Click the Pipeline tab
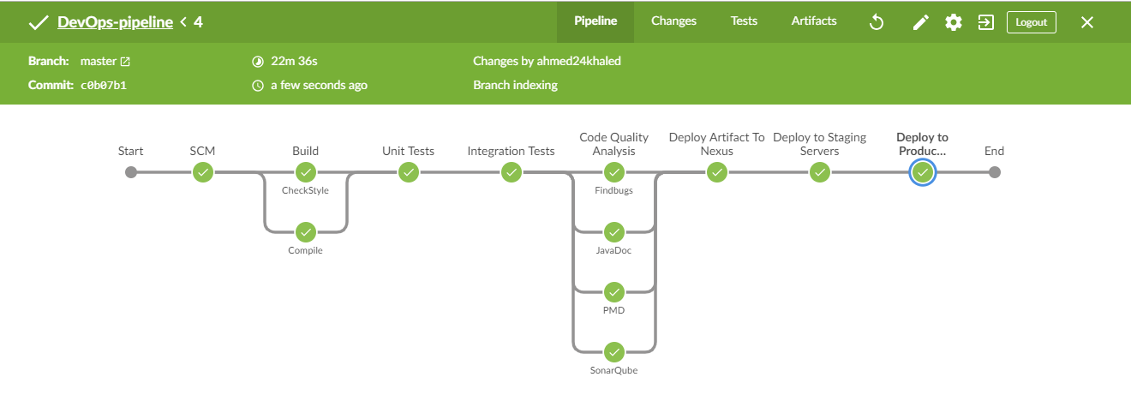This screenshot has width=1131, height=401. pyautogui.click(x=595, y=21)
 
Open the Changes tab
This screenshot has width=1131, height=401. pyautogui.click(x=673, y=21)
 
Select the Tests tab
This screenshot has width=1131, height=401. pyautogui.click(x=744, y=21)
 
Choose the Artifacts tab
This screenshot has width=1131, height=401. pyautogui.click(x=814, y=21)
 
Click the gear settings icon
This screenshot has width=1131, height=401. pyautogui.click(x=954, y=22)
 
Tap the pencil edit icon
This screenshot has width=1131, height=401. pyautogui.click(x=920, y=22)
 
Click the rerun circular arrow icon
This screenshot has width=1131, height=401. pyautogui.click(x=876, y=22)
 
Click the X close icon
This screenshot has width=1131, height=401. pyautogui.click(x=1087, y=22)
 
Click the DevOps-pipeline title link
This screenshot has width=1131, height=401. pyautogui.click(x=115, y=22)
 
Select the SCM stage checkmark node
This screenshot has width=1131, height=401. pyautogui.click(x=203, y=172)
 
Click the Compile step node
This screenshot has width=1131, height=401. pyautogui.click(x=306, y=232)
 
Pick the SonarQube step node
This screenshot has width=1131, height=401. pyautogui.click(x=614, y=352)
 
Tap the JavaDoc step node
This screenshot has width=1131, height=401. pyautogui.click(x=614, y=232)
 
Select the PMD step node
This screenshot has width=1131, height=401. pyautogui.click(x=614, y=292)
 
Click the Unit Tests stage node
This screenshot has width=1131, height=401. pyautogui.click(x=409, y=172)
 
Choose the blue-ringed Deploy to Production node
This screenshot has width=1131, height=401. pyautogui.click(x=923, y=172)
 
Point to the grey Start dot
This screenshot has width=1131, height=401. pyautogui.click(x=131, y=172)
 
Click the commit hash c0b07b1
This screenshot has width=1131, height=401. pyautogui.click(x=104, y=86)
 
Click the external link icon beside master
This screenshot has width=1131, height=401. pyautogui.click(x=125, y=62)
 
